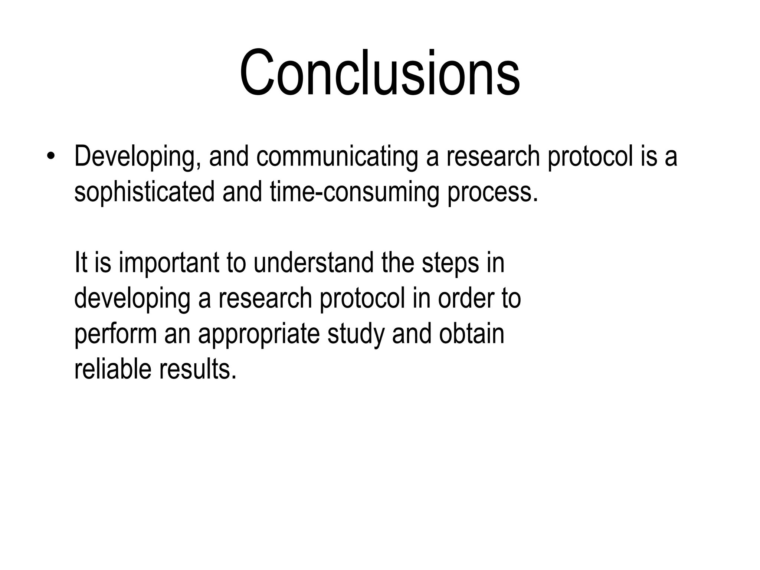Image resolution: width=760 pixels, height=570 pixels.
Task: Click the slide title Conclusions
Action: (x=380, y=73)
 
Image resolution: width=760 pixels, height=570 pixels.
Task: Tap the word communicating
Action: (x=337, y=157)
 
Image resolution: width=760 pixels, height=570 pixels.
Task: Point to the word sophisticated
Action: (x=144, y=193)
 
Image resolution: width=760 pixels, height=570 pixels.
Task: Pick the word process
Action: (x=492, y=193)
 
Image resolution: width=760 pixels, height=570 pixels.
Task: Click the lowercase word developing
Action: (x=132, y=299)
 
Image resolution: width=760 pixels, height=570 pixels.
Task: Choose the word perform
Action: (x=115, y=334)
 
